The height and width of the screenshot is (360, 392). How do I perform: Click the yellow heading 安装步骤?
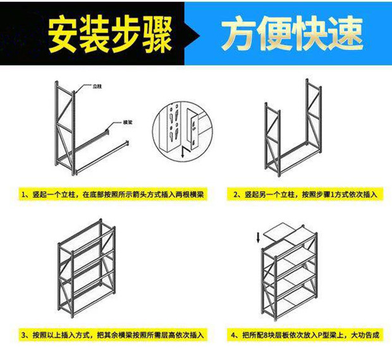(111, 35)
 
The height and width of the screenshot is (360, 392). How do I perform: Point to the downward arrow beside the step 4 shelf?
(257, 239)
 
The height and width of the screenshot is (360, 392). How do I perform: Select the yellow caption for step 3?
(111, 335)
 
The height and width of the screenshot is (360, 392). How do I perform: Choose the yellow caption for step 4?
(303, 335)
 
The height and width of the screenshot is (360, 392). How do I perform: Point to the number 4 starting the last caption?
(233, 335)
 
